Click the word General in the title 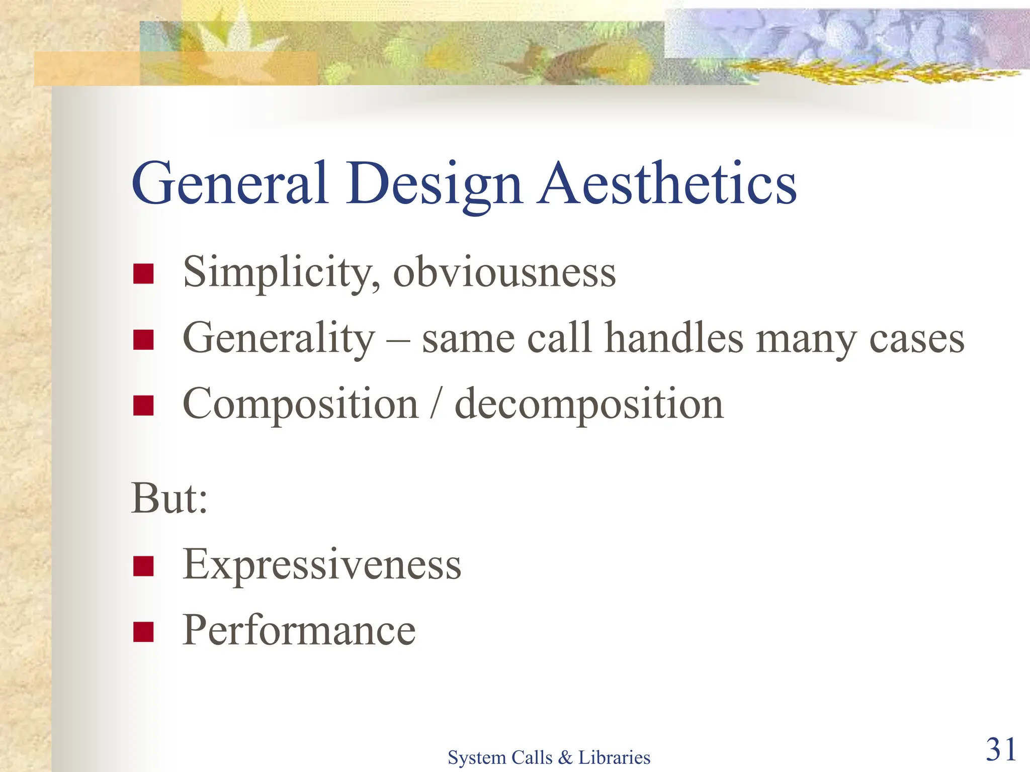click(x=230, y=183)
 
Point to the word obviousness click(x=504, y=273)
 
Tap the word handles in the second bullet click(x=673, y=338)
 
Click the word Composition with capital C click(x=300, y=405)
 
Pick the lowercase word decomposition click(x=588, y=405)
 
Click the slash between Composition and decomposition click(x=437, y=405)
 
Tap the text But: click(x=169, y=499)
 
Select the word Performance click(x=299, y=631)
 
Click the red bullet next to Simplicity click(x=143, y=274)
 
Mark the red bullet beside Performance click(x=143, y=632)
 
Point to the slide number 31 click(x=1000, y=749)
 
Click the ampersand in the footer click(x=565, y=757)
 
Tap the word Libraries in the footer click(x=614, y=757)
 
